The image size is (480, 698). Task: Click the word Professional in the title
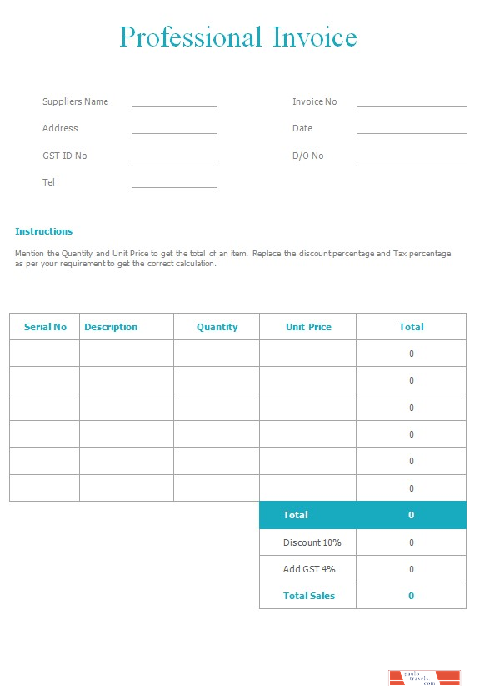point(191,37)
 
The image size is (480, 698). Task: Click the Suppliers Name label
point(75,101)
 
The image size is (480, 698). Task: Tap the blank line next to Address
point(174,131)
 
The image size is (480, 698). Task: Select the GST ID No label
point(64,156)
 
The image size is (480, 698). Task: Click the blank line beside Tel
point(174,186)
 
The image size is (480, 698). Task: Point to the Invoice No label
point(314,101)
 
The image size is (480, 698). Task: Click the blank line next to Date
point(411,131)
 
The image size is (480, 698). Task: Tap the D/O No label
point(307,156)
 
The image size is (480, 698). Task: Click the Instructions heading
point(43,231)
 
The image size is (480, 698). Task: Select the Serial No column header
point(45,327)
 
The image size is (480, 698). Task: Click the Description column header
point(111,327)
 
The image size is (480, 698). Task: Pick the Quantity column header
point(217,327)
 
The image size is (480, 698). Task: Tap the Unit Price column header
point(308,327)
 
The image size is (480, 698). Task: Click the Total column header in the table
point(411,327)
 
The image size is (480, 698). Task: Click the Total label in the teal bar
point(295,515)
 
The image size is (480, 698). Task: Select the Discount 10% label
point(312,542)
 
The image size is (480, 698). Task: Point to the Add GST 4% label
point(308,569)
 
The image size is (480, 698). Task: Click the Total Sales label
point(308,596)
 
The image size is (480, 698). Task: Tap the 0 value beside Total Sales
point(411,596)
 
